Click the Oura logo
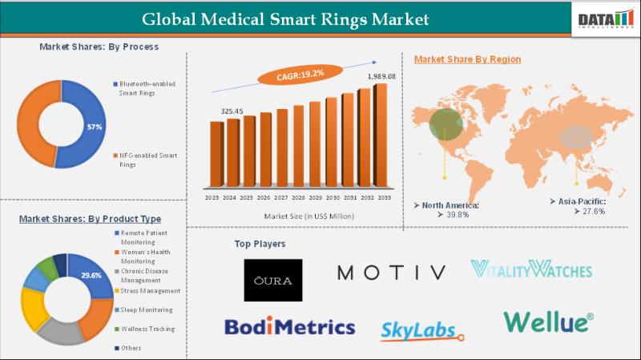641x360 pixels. [273, 280]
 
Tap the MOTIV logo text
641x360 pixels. [391, 273]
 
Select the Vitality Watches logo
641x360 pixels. [530, 269]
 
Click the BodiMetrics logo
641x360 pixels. [289, 326]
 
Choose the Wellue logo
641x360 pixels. [549, 322]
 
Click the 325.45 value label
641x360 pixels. [232, 110]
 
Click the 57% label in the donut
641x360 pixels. [95, 127]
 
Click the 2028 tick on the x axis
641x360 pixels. [298, 197]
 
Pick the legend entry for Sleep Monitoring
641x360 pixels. [146, 309]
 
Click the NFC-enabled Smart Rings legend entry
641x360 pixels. [147, 159]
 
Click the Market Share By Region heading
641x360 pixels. [467, 59]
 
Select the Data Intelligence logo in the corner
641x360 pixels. [606, 18]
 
